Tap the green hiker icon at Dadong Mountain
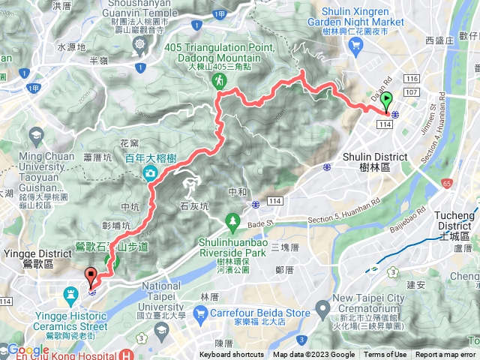[x=220, y=79]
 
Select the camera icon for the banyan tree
[x=150, y=173]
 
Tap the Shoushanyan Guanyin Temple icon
[x=141, y=45]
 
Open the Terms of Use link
[x=385, y=355]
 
